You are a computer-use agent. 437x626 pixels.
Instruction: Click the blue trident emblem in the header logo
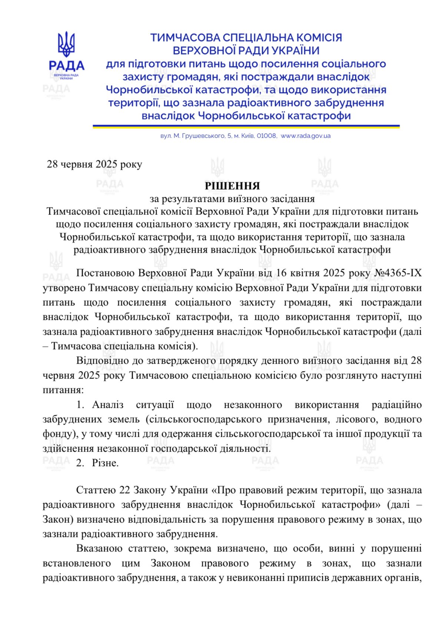(66, 44)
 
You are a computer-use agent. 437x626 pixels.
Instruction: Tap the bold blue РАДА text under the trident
(66, 66)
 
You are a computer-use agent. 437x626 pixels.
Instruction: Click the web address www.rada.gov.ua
(305, 136)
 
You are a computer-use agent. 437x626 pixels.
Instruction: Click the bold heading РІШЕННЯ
(232, 186)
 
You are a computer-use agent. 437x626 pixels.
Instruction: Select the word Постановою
(105, 273)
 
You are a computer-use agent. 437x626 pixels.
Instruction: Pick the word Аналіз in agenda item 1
(108, 404)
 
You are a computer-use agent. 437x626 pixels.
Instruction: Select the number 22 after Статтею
(124, 490)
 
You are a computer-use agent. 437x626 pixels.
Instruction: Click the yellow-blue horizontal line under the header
(246, 126)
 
